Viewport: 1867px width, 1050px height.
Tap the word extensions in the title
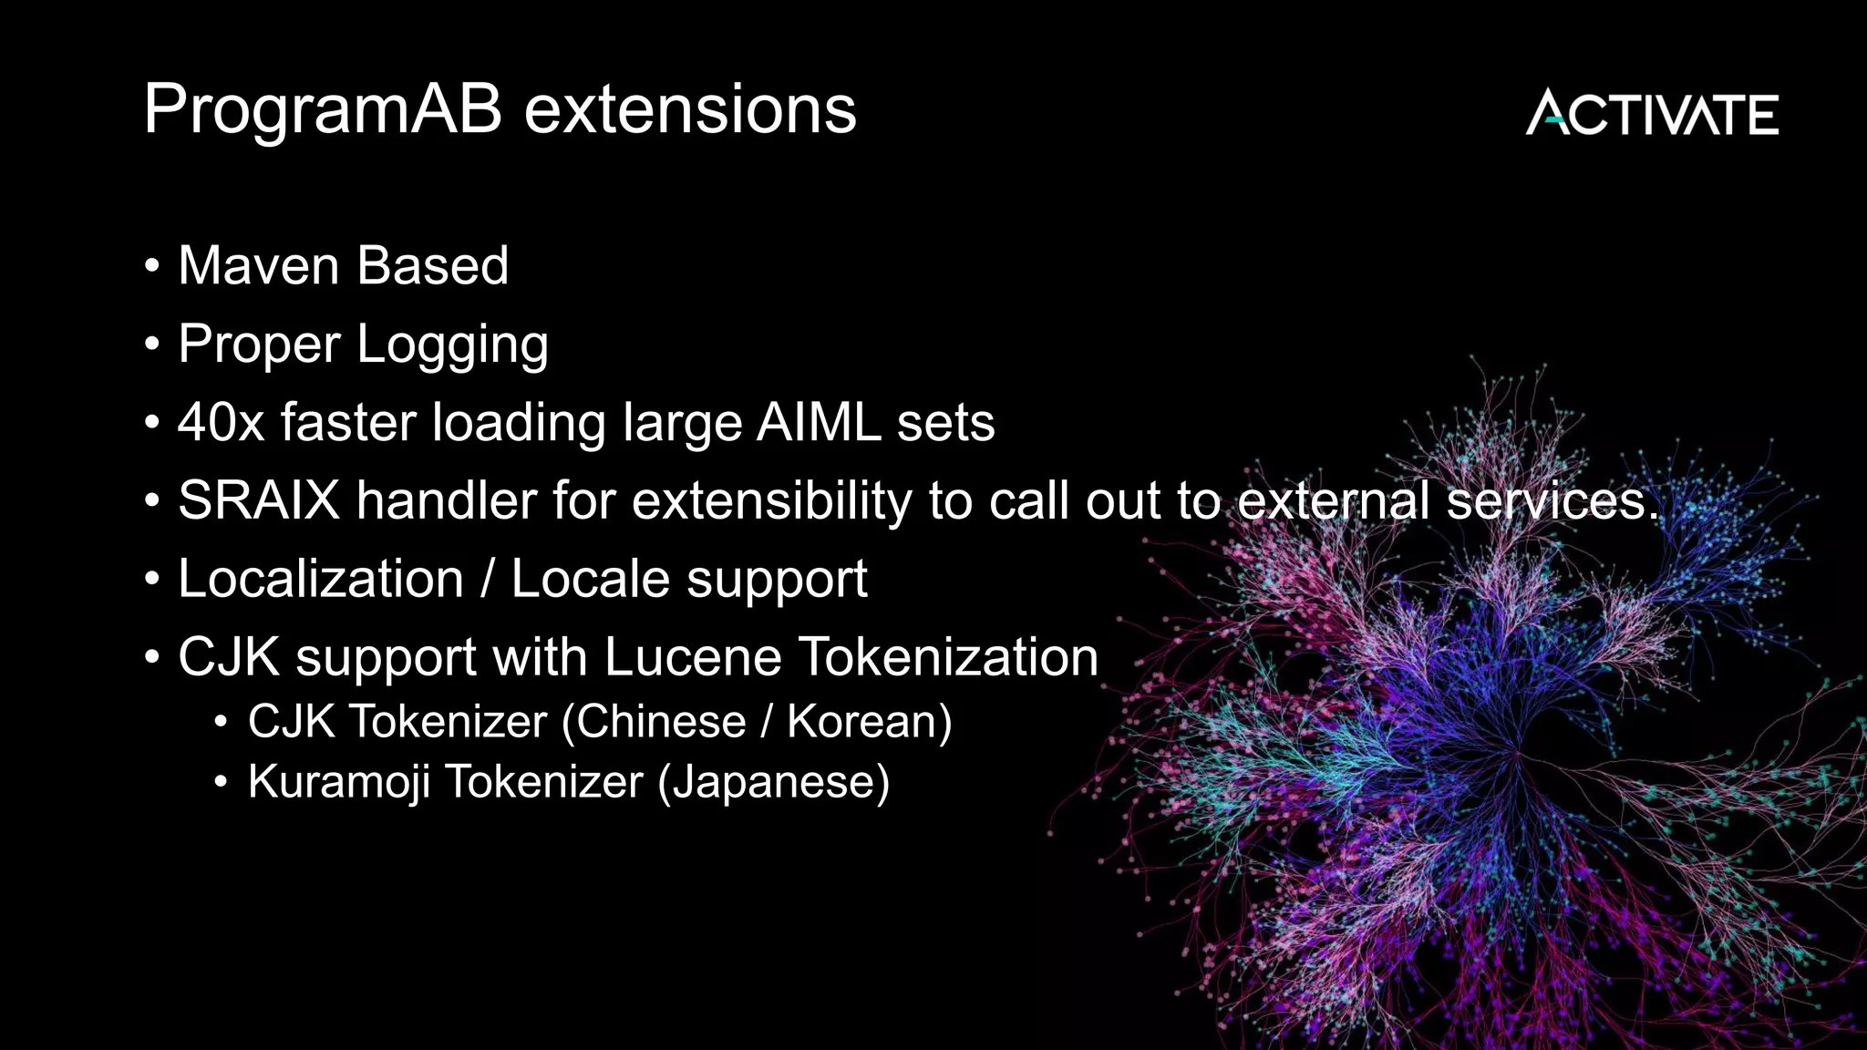[x=690, y=110]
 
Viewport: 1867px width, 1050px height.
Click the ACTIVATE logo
[x=1652, y=114]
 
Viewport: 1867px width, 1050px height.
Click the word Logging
[x=452, y=345]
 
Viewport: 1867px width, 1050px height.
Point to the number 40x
[x=220, y=423]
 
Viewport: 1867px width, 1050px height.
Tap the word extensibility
[x=770, y=501]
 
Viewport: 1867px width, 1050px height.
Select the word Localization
[x=321, y=580]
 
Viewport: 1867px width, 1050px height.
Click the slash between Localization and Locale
[x=488, y=580]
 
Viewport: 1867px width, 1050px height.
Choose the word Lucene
[x=692, y=657]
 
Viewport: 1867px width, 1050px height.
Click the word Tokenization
[x=948, y=657]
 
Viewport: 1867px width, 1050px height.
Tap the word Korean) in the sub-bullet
[x=869, y=722]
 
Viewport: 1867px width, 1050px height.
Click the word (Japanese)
[x=773, y=782]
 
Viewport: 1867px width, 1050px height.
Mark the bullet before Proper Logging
[x=152, y=345]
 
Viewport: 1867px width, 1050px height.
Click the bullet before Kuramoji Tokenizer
[x=220, y=782]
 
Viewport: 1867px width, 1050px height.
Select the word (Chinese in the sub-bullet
[x=654, y=722]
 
